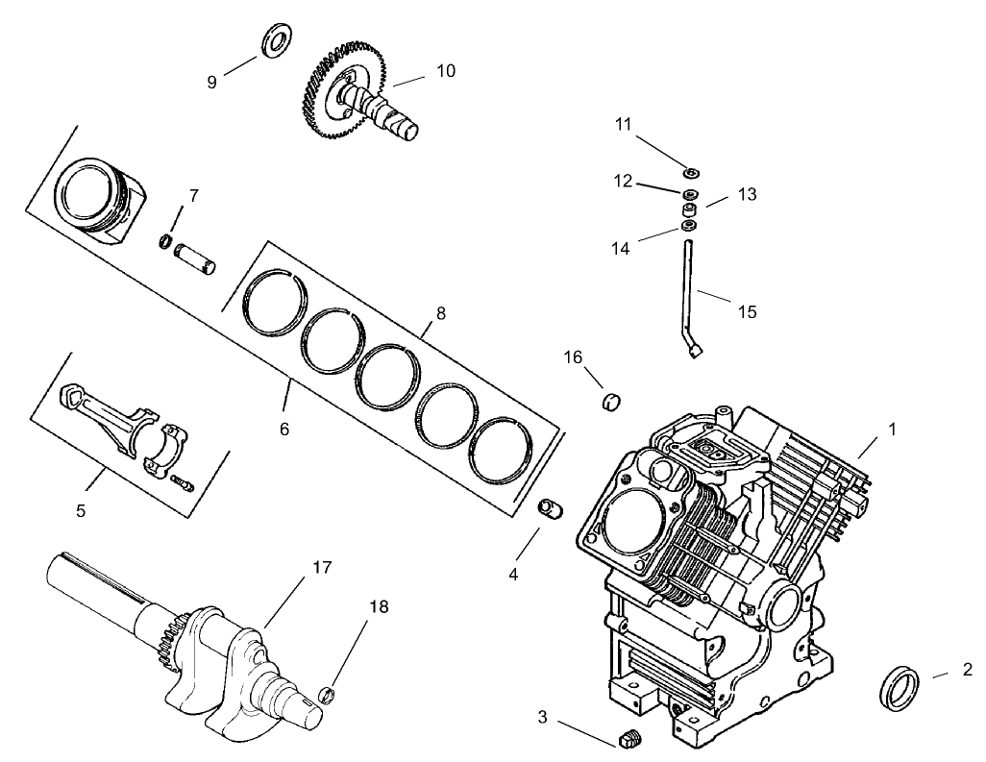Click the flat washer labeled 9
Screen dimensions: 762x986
pyautogui.click(x=279, y=41)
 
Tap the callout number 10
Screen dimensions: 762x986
pyautogui.click(x=445, y=70)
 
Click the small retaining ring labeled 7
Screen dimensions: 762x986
pyautogui.click(x=165, y=240)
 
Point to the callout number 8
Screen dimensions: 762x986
pyautogui.click(x=440, y=313)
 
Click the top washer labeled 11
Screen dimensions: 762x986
pyautogui.click(x=691, y=173)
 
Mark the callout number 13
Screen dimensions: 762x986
pyautogui.click(x=747, y=194)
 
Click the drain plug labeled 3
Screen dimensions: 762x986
pyautogui.click(x=629, y=739)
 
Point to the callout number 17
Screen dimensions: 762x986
pyautogui.click(x=321, y=568)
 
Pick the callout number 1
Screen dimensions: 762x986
pyautogui.click(x=892, y=430)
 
